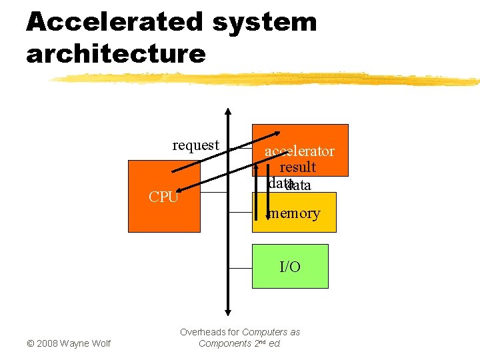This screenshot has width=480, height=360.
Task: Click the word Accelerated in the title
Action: click(114, 22)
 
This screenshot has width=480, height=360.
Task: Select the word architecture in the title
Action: click(116, 53)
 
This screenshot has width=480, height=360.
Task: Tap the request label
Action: click(195, 145)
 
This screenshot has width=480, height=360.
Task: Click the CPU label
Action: click(163, 197)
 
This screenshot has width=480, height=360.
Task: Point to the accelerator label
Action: click(299, 151)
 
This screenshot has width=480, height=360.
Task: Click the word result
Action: click(297, 167)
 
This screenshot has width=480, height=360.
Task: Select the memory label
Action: click(294, 214)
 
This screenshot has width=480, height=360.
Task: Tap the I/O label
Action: click(290, 267)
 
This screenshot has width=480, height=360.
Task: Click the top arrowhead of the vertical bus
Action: click(228, 112)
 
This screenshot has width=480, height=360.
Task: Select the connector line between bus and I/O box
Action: click(240, 267)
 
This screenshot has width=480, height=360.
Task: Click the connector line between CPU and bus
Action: click(213, 193)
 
